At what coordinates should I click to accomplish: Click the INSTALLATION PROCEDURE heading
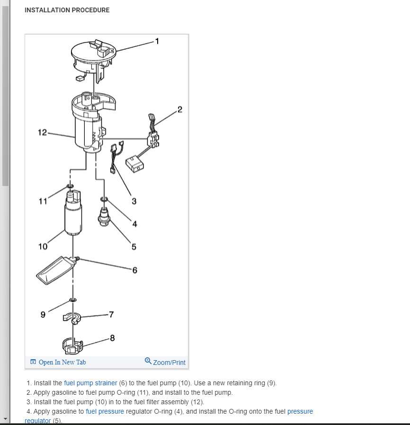click(x=67, y=10)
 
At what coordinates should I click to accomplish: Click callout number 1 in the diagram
click(x=157, y=41)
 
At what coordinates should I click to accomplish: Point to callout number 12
click(x=43, y=133)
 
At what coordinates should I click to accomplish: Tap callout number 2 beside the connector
click(x=179, y=110)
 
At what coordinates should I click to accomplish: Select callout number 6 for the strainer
click(x=135, y=270)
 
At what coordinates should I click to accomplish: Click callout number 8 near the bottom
click(x=112, y=338)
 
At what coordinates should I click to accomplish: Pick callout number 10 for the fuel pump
click(x=43, y=247)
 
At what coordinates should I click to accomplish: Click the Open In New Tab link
click(x=58, y=362)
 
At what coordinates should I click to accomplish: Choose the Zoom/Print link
click(x=165, y=362)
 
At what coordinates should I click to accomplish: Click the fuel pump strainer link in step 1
click(x=90, y=383)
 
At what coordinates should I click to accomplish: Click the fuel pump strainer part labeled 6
click(x=54, y=270)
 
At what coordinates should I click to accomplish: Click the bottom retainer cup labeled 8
click(x=72, y=346)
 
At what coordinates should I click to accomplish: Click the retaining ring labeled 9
click(x=73, y=300)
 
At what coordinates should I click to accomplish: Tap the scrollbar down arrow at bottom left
click(x=5, y=419)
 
